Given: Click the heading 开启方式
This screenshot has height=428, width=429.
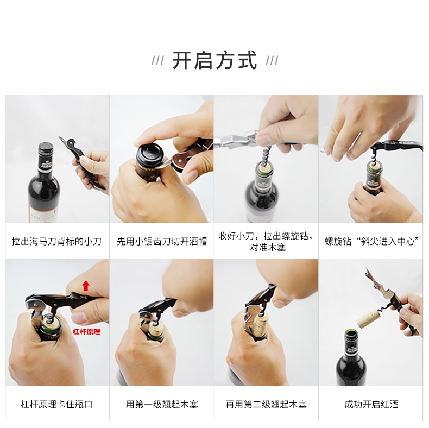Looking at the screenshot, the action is click(x=215, y=60).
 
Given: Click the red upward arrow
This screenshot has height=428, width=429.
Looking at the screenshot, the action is click(x=86, y=286).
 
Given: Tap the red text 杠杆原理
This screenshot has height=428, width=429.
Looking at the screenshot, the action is click(x=86, y=332).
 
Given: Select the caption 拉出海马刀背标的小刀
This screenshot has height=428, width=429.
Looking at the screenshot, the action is click(x=56, y=241).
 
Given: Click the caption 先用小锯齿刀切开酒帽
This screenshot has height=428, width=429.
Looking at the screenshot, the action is click(x=162, y=241).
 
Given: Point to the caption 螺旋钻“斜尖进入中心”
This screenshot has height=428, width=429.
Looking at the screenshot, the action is click(x=371, y=241).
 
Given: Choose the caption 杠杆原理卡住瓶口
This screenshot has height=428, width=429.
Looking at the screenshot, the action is click(x=56, y=404).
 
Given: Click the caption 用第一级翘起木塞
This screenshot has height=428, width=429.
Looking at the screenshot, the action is click(x=162, y=404).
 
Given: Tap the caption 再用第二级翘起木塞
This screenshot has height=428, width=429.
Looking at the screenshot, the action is click(x=266, y=404).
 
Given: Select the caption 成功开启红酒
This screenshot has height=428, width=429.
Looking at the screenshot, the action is click(x=371, y=404).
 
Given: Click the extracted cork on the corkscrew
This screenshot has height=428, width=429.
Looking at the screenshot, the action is click(x=368, y=318).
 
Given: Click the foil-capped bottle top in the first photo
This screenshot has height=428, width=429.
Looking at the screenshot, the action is click(x=46, y=150).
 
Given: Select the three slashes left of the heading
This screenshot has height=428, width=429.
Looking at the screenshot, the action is click(x=158, y=61).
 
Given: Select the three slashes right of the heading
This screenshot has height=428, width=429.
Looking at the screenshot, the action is click(x=272, y=61).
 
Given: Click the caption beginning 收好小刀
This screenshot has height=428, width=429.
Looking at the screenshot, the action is click(x=266, y=241).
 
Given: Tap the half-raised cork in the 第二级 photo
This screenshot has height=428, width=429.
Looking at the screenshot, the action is click(x=261, y=325).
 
